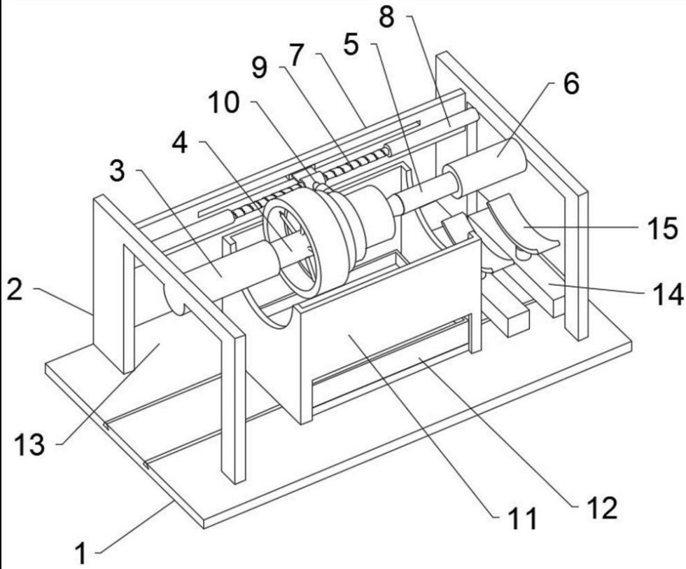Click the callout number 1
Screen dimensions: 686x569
point(81,552)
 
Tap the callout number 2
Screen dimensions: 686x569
point(15,289)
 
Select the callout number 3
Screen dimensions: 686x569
point(117,171)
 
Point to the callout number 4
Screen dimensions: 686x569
point(180,143)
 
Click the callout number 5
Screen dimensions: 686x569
point(351,45)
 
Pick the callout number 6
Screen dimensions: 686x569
point(571,83)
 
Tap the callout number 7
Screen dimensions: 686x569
point(297,56)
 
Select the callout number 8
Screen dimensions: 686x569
point(386,18)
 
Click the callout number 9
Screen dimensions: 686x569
point(260,68)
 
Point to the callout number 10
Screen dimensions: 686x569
point(223,103)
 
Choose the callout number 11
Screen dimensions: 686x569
point(522,519)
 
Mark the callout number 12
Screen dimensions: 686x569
point(602,508)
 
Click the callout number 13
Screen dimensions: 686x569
point(29,444)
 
